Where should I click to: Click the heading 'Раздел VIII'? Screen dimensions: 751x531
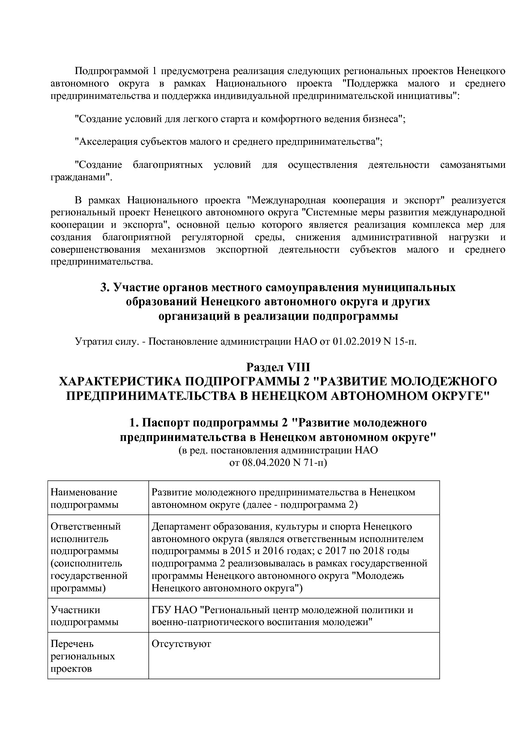278,367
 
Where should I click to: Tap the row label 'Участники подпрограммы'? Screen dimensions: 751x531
84,616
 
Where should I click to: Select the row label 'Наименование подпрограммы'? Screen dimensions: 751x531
84,498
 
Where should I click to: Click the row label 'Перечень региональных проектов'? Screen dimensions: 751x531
83,656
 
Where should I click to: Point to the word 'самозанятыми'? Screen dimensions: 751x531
472,165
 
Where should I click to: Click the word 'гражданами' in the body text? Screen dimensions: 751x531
81,177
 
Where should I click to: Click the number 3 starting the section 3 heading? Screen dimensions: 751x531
103,287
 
